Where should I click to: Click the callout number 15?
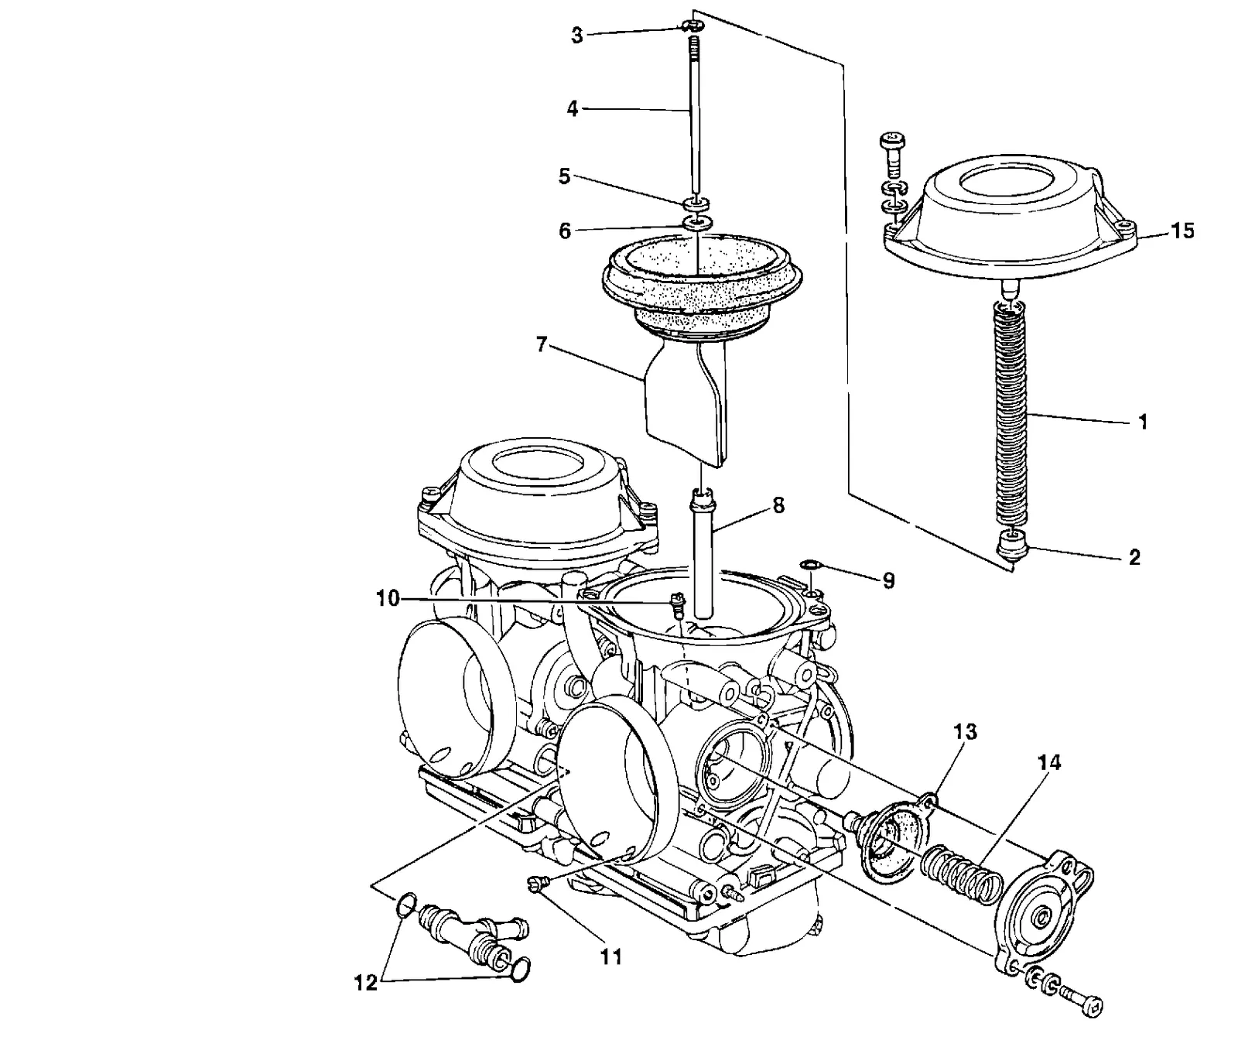[1182, 231]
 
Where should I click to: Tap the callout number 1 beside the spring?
[1143, 422]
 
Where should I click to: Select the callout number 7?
[541, 344]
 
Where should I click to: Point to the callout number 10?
[388, 598]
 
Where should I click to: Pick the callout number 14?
[1050, 763]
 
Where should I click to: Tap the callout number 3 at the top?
[577, 36]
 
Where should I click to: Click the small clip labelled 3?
[694, 26]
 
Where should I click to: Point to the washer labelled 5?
[696, 204]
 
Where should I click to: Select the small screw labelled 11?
[539, 883]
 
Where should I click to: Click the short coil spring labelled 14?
[961, 874]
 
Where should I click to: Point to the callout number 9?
[887, 580]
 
